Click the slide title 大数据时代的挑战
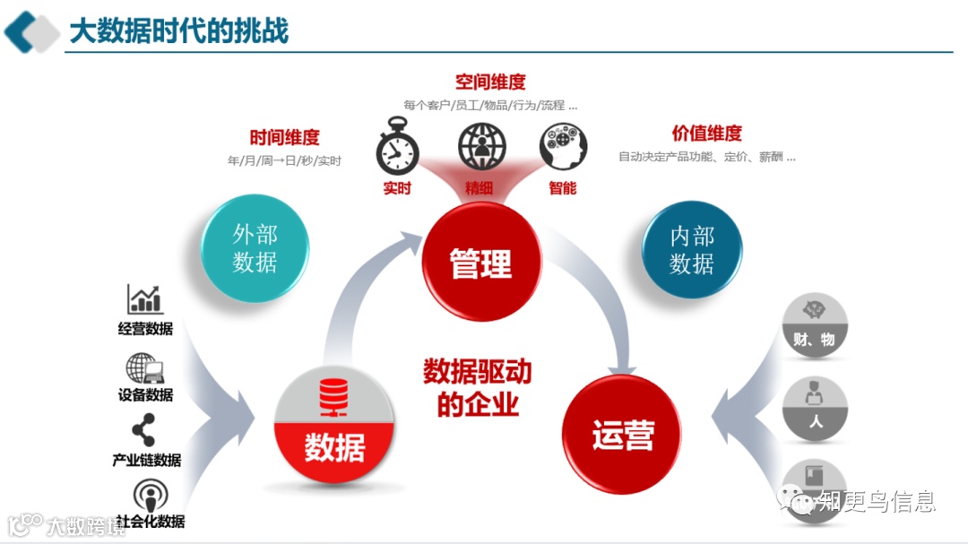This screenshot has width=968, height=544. (x=179, y=30)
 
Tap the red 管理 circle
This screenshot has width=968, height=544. (x=481, y=261)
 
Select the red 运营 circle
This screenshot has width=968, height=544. (x=621, y=435)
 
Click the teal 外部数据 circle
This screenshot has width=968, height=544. (x=255, y=247)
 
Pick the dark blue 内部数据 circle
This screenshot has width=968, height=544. (x=692, y=249)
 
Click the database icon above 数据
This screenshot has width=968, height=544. (x=334, y=398)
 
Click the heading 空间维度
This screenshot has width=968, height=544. (x=490, y=82)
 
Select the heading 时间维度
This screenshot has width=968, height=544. (x=284, y=138)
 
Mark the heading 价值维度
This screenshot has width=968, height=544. (x=707, y=134)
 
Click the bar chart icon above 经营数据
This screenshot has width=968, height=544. (x=144, y=299)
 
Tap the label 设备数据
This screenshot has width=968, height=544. (x=145, y=394)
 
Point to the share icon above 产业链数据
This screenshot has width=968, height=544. (x=143, y=431)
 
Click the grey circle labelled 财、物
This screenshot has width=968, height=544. (x=815, y=324)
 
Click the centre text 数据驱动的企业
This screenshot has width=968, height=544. (x=478, y=387)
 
